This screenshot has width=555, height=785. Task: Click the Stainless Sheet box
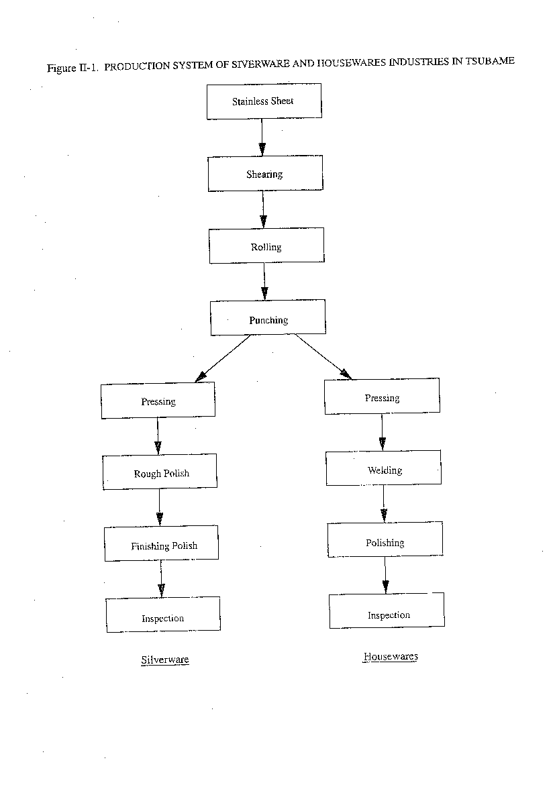(x=264, y=101)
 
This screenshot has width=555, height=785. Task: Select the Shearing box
(x=266, y=173)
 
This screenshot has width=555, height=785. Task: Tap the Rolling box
(x=266, y=246)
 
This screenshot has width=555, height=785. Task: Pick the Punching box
(x=268, y=317)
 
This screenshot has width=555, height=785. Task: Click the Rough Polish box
(x=160, y=472)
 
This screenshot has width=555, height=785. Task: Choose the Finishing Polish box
(x=161, y=543)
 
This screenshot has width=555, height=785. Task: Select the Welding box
(x=384, y=468)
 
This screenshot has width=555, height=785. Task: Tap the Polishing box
(x=385, y=539)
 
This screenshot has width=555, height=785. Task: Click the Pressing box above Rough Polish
(x=158, y=400)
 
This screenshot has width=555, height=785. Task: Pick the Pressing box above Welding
(x=382, y=396)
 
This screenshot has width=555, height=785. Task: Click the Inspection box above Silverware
(x=163, y=615)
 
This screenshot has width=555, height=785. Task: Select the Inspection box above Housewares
(x=387, y=611)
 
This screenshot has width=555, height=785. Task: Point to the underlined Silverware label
(x=165, y=660)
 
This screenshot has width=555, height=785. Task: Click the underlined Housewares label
(x=391, y=656)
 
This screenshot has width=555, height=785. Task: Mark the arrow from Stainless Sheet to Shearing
(x=262, y=137)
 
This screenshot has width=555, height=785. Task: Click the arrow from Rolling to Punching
(x=264, y=281)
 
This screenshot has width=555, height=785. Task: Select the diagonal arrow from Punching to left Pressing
(x=222, y=358)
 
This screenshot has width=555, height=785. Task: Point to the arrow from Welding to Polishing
(x=384, y=504)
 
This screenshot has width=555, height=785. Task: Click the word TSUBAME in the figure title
(x=490, y=61)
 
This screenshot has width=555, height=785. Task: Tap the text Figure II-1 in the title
(x=72, y=68)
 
